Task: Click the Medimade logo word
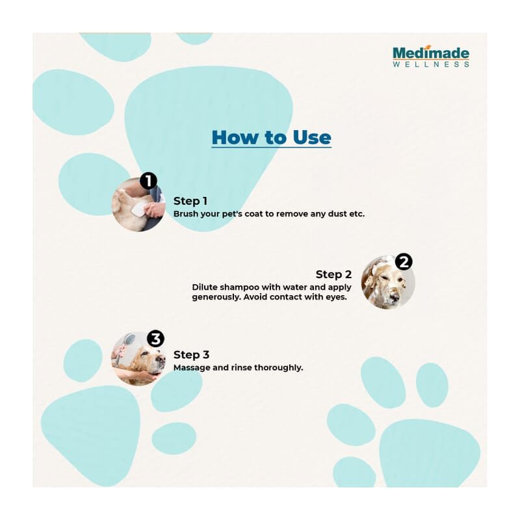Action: pos(431,53)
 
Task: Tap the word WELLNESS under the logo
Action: pos(431,64)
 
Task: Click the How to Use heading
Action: pos(271,137)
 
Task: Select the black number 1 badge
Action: pos(148,181)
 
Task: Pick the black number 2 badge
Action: pos(404,262)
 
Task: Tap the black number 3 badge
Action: pos(155,339)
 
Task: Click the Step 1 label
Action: pos(190,201)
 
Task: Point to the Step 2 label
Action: pos(333,274)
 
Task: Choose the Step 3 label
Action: pos(191,355)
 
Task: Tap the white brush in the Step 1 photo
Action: pos(139,210)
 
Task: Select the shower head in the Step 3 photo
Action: pos(129,339)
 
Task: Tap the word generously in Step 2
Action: pos(216,297)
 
